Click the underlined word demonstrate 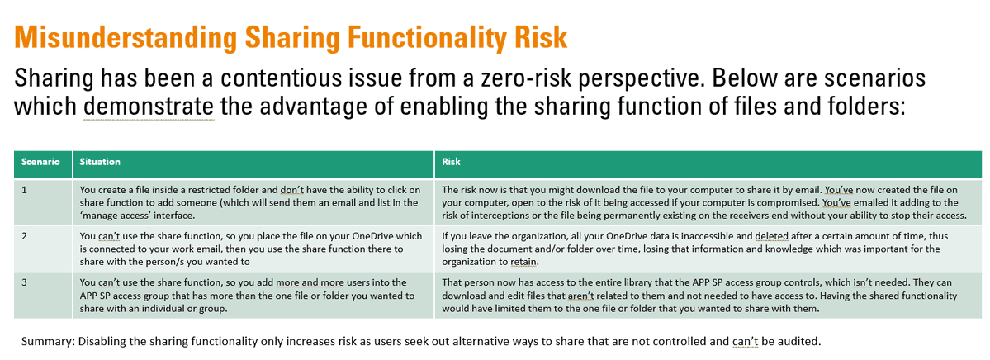(149, 108)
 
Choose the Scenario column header (40, 163)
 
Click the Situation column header (100, 163)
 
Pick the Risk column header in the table (452, 163)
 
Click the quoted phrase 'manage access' (113, 215)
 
